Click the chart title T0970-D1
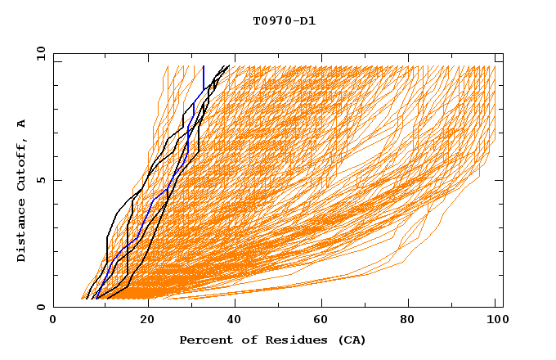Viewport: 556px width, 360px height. pyautogui.click(x=284, y=21)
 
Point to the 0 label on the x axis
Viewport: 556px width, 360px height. pyautogui.click(x=53, y=322)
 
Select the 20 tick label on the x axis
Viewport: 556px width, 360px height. pyautogui.click(x=142, y=322)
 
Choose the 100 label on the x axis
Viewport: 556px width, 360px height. pyautogui.click(x=496, y=322)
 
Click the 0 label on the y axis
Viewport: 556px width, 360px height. pyautogui.click(x=40, y=308)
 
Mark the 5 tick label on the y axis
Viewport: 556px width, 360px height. pyautogui.click(x=40, y=181)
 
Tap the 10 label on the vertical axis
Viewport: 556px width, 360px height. pyautogui.click(x=38, y=54)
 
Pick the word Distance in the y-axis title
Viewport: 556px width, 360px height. pyautogui.click(x=21, y=232)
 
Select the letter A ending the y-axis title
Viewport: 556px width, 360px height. pyautogui.click(x=21, y=124)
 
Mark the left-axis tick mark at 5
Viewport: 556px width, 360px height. pyautogui.click(x=56, y=180)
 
